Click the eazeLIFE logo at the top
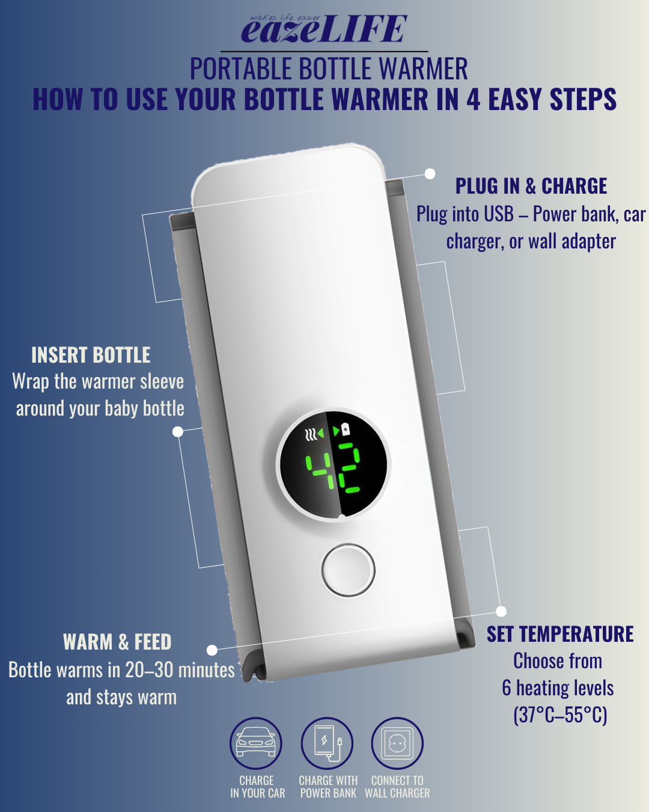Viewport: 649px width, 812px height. (324, 28)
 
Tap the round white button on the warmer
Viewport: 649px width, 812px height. (348, 570)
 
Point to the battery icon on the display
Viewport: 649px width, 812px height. (346, 430)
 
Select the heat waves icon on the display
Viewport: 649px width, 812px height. (310, 434)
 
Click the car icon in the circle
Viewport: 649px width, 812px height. (255, 743)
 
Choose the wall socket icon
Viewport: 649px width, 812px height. (397, 743)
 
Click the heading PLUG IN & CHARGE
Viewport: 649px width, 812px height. (531, 186)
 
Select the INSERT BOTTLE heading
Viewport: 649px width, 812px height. (91, 355)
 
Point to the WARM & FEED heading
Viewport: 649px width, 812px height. (117, 642)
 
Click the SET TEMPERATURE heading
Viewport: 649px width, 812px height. (560, 634)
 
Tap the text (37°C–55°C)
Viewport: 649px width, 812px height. (561, 715)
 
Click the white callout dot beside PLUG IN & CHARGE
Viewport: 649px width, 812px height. (430, 174)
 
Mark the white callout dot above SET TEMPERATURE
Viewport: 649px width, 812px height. (501, 611)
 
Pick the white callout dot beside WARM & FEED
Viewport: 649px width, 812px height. (212, 650)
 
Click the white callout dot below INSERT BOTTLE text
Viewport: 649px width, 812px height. (178, 432)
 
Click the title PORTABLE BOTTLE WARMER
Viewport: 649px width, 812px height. (329, 69)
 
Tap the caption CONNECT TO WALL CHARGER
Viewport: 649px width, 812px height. (397, 787)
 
